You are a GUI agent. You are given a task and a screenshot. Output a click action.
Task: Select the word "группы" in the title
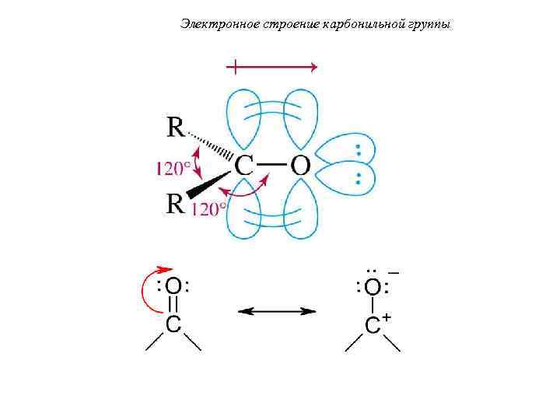tap(430, 25)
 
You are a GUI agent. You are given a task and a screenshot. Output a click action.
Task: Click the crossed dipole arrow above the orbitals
tap(271, 68)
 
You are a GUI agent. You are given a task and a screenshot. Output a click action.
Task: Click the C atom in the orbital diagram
tap(244, 165)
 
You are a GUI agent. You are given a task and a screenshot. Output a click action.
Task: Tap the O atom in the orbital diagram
tap(299, 165)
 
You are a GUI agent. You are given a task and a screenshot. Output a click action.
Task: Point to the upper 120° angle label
tap(173, 166)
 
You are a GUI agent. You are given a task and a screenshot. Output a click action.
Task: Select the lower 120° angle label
tap(208, 208)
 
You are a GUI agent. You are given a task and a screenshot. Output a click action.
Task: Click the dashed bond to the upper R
tap(210, 145)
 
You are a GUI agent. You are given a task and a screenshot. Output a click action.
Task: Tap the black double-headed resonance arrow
tap(277, 311)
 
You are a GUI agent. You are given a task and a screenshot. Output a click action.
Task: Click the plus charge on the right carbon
tap(387, 320)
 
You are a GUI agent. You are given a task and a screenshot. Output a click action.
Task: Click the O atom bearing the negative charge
tap(373, 288)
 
